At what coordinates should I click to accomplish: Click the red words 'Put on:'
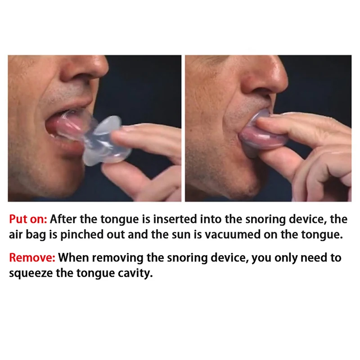pyautogui.click(x=28, y=220)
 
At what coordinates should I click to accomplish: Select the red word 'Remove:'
pyautogui.click(x=32, y=258)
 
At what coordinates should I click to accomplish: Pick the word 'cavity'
pyautogui.click(x=137, y=274)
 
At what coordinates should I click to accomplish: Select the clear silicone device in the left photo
pyautogui.click(x=106, y=139)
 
